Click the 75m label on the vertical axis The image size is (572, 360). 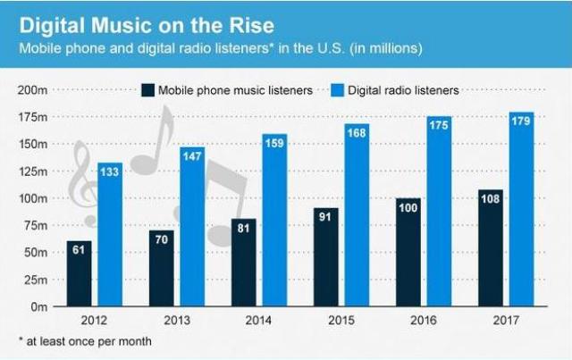pyautogui.click(x=35, y=225)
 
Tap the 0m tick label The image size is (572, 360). pyautogui.click(x=39, y=306)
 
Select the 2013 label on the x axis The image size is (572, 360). pyautogui.click(x=176, y=320)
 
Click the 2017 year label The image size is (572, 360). pyautogui.click(x=505, y=320)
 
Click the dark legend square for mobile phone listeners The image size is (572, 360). pyautogui.click(x=147, y=89)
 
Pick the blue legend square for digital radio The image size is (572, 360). pyautogui.click(x=339, y=89)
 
